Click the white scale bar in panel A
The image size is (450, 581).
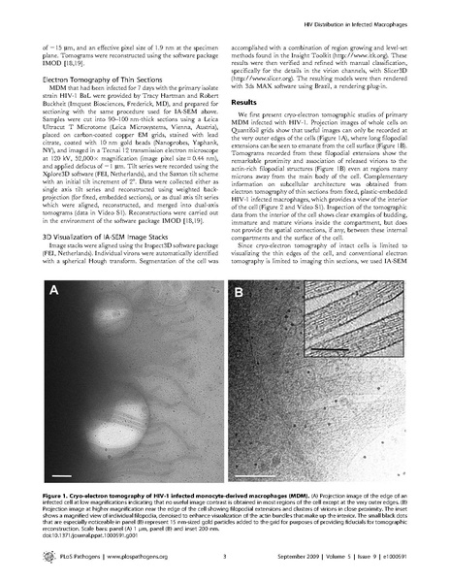click(61, 476)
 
